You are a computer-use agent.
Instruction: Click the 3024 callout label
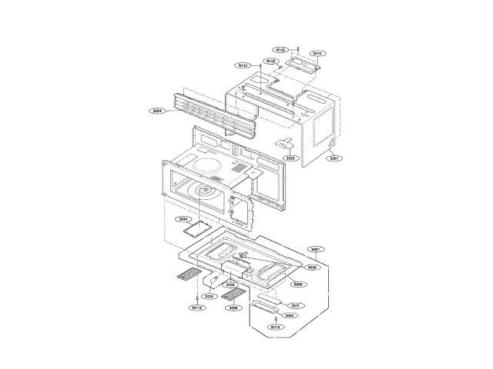(157, 111)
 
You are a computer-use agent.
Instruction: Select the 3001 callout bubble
(333, 158)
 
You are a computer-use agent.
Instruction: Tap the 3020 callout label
(290, 158)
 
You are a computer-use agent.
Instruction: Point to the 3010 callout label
(317, 54)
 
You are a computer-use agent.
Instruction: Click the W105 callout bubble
(271, 61)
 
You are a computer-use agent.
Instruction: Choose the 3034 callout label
(183, 220)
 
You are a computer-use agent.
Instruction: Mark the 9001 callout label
(316, 250)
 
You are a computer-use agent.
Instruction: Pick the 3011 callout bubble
(296, 306)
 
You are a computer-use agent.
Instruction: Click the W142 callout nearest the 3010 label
(281, 49)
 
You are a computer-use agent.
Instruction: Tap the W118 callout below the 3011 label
(275, 327)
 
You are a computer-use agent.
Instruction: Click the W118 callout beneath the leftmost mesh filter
(197, 307)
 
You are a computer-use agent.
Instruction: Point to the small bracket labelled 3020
(287, 143)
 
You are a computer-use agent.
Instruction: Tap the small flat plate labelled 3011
(267, 297)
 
